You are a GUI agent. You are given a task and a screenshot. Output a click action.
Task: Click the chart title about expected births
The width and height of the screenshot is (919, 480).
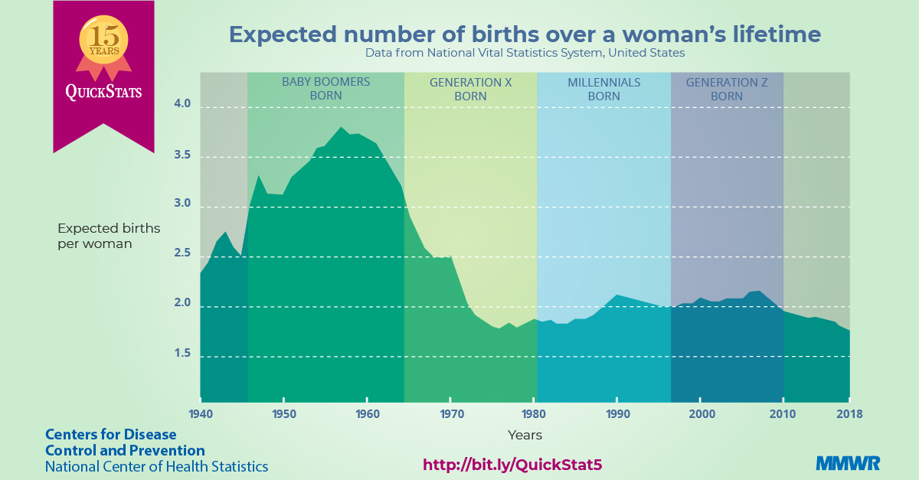(x=525, y=34)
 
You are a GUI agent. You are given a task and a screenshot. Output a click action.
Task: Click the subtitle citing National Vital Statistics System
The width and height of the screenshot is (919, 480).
(x=525, y=54)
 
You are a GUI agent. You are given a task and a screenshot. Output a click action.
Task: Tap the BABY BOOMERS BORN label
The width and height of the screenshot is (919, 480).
(x=325, y=89)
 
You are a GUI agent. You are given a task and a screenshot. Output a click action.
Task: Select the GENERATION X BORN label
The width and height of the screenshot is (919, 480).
(x=470, y=89)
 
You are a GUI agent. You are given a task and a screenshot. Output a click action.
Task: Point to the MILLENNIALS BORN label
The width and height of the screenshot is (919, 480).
(x=603, y=89)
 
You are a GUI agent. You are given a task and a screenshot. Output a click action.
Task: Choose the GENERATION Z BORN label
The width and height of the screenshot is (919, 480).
(x=726, y=89)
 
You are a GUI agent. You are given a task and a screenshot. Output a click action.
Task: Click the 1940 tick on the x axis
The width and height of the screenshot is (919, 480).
(x=201, y=414)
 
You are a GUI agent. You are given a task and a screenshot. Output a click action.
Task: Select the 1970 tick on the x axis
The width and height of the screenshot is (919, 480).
(x=450, y=414)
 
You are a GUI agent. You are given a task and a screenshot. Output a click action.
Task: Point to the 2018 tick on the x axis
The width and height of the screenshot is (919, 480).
(x=849, y=414)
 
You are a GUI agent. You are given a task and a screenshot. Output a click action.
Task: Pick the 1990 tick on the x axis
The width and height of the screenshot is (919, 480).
(x=617, y=414)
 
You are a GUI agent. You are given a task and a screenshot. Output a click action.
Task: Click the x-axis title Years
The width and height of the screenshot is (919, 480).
(x=525, y=435)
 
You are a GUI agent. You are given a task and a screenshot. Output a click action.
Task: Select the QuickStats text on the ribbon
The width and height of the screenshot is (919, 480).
(x=103, y=92)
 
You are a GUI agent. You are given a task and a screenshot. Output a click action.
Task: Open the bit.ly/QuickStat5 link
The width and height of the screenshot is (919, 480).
(x=518, y=465)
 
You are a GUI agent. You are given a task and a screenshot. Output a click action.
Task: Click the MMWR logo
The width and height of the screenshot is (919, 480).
(x=848, y=463)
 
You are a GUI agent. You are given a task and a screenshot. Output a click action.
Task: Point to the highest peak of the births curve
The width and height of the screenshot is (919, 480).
(x=342, y=128)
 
